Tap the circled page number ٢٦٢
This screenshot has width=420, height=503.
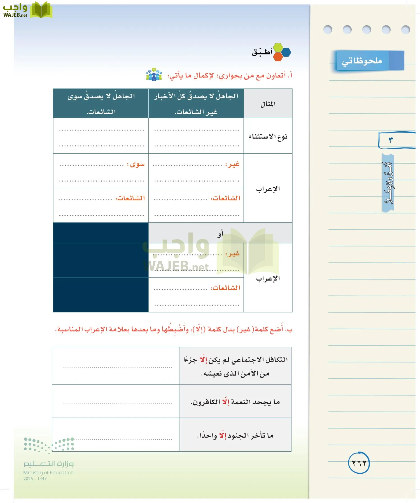[x=359, y=463]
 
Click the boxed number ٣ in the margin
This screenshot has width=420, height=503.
[x=391, y=140]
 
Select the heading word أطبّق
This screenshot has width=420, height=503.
[x=262, y=52]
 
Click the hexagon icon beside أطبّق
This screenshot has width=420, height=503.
[x=281, y=52]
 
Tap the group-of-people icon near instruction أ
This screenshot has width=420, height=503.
[x=154, y=75]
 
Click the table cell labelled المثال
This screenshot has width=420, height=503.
[x=268, y=104]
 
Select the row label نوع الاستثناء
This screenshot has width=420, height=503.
[x=268, y=136]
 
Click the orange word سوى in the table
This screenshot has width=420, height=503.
[x=137, y=164]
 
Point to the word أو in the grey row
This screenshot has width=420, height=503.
[x=220, y=233]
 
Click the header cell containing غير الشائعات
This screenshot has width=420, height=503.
[x=196, y=104]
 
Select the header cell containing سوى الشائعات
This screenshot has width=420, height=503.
[x=101, y=104]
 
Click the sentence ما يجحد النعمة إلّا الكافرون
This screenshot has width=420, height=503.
[x=235, y=402]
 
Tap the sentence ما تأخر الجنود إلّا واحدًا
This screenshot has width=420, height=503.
[x=235, y=435]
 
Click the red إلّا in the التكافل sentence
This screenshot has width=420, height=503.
[x=204, y=359]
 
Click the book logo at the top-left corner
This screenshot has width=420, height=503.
[x=41, y=10]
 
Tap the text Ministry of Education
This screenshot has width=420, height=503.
[x=48, y=473]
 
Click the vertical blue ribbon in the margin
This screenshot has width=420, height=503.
[x=388, y=183]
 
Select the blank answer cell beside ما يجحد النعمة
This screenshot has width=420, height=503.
[x=116, y=401]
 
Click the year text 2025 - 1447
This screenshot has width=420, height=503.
[x=35, y=479]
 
